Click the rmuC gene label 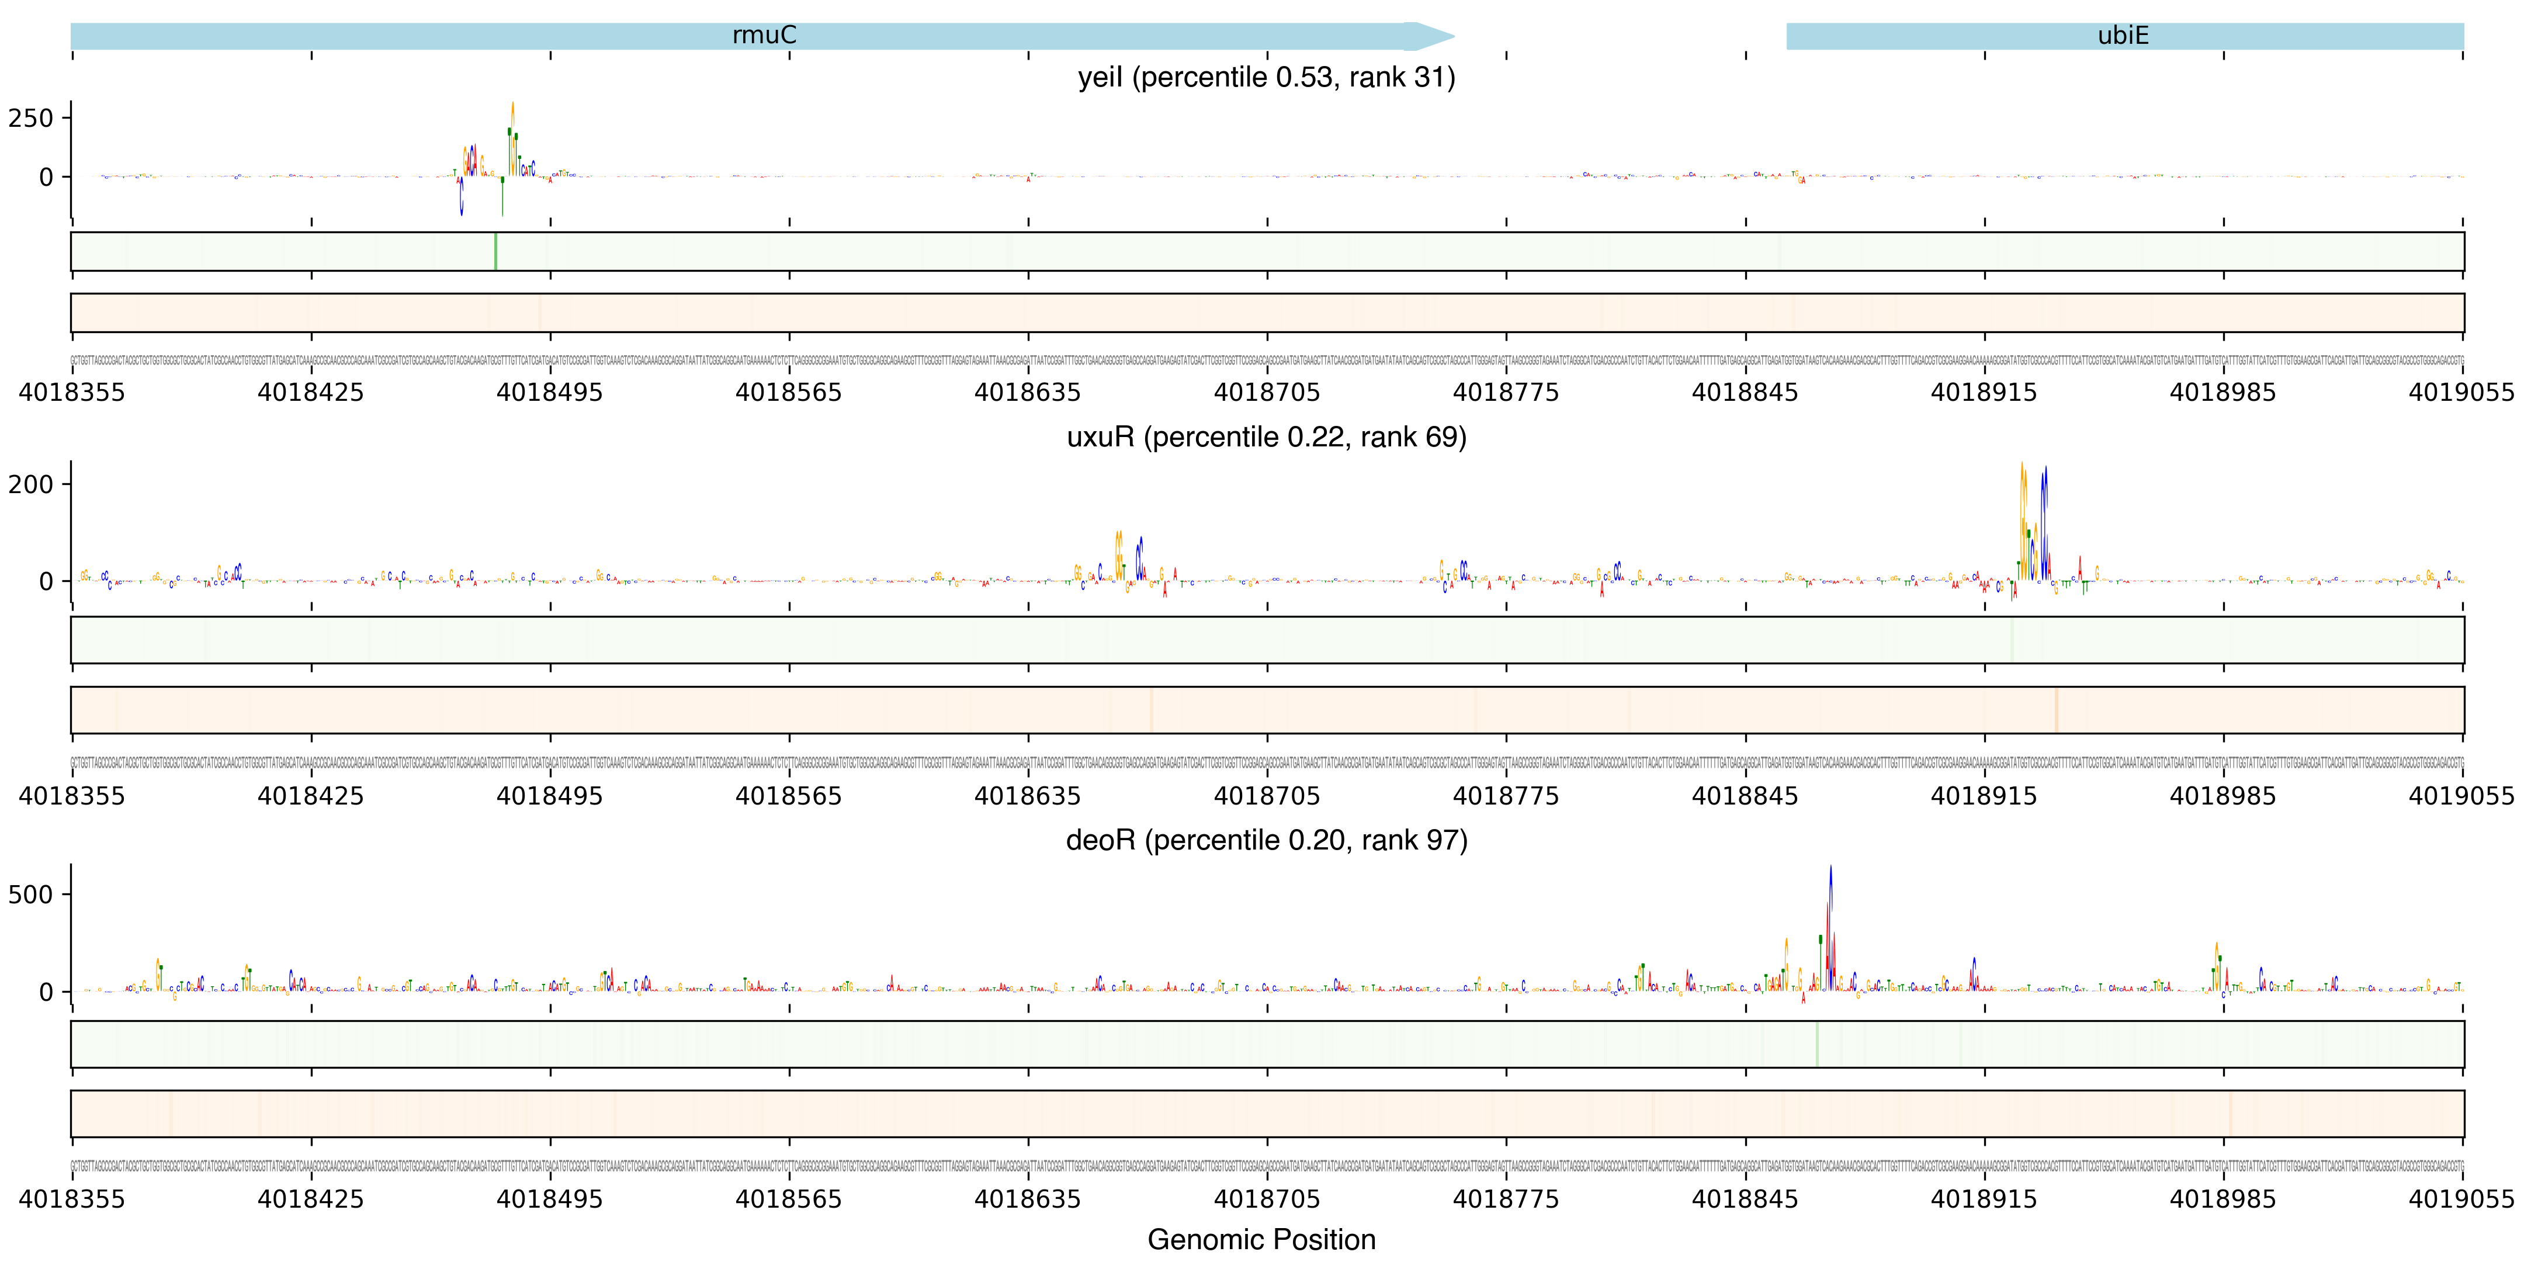tap(764, 35)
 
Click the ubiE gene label tap(2123, 35)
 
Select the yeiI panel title tap(1266, 77)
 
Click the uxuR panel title tap(1266, 437)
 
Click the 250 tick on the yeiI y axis tap(30, 119)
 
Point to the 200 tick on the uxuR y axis tap(30, 484)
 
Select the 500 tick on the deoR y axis tap(30, 895)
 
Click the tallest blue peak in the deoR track tap(1830, 870)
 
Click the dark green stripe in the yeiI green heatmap tap(496, 252)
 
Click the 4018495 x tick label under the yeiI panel tap(550, 393)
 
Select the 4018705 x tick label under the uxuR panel tap(1267, 796)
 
